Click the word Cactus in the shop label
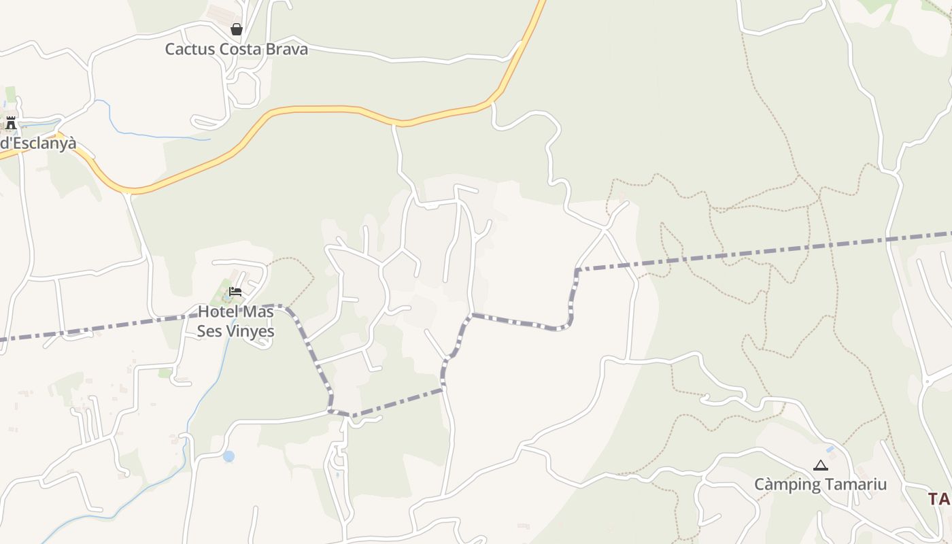(190, 49)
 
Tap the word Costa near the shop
(242, 49)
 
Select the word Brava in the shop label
(288, 49)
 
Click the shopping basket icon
(236, 29)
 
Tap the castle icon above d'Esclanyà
(11, 123)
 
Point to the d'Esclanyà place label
(38, 143)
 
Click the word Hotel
(216, 312)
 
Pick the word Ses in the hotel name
(209, 331)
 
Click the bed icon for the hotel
(235, 292)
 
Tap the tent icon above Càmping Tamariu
(821, 466)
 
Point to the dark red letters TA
(939, 498)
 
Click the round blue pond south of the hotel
(228, 456)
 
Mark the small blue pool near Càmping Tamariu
(830, 449)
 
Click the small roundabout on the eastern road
(927, 382)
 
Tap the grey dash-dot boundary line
(748, 253)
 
